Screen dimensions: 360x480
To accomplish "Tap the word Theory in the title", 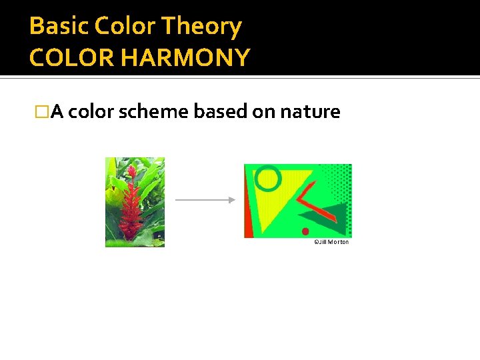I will click(x=211, y=27).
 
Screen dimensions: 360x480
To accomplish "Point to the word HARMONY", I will click(x=187, y=58).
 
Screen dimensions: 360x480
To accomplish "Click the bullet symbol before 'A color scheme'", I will click(x=43, y=112).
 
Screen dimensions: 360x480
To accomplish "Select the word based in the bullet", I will click(x=220, y=111).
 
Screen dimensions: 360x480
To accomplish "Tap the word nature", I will click(x=310, y=111).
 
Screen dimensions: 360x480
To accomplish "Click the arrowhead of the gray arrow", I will click(x=231, y=199).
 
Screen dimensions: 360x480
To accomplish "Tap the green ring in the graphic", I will click(x=268, y=178).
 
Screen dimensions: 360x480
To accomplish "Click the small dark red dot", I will click(x=305, y=232).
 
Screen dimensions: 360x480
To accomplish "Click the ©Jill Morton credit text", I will click(x=331, y=242).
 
